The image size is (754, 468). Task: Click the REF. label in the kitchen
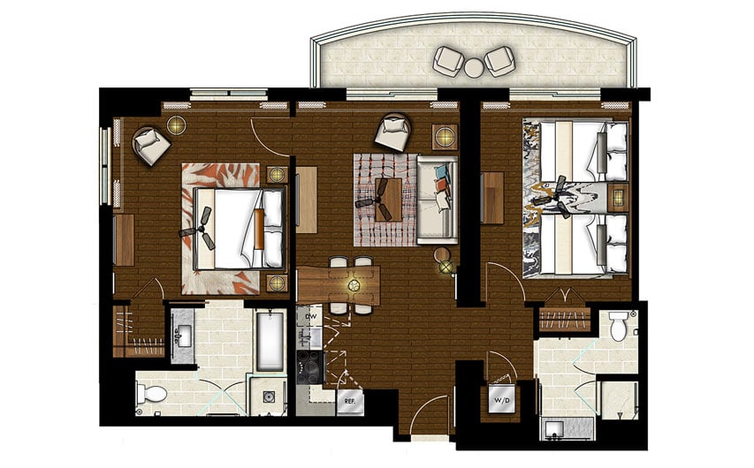349,400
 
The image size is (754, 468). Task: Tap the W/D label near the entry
503,398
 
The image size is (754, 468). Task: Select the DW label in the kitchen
310,315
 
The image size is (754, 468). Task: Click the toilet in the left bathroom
152,391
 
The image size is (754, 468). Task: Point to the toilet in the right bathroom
619,328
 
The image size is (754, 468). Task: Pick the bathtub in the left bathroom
270,340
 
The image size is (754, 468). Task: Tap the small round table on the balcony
474,66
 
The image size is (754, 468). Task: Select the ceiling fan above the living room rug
381,197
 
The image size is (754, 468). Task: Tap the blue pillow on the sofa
441,170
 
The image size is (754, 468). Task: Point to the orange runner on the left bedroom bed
260,229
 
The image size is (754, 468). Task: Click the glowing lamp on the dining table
354,285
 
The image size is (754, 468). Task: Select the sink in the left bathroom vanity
183,335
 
